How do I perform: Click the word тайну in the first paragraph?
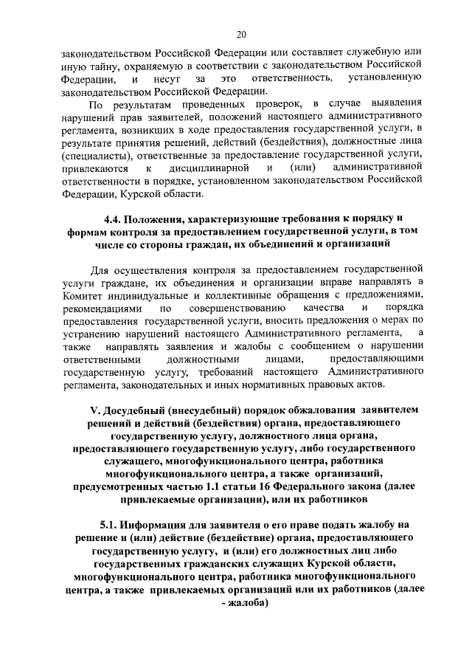pos(89,66)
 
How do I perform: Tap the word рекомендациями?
pos(100,306)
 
